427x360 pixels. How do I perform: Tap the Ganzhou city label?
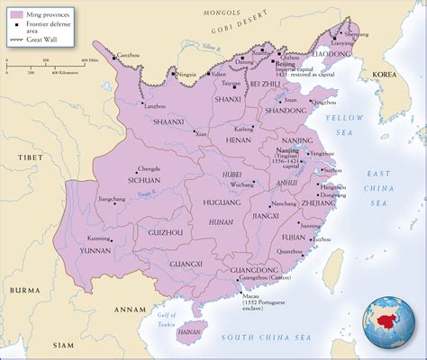coord(128,56)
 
